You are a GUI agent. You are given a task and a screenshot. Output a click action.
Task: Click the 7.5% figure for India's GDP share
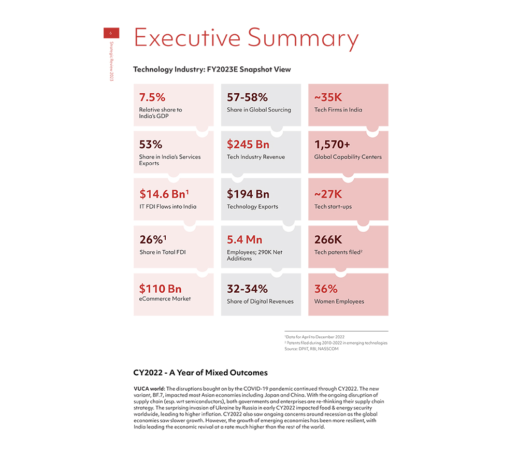click(152, 97)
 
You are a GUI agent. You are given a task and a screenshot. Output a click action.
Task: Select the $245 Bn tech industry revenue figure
click(248, 145)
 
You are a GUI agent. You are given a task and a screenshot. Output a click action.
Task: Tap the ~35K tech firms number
click(328, 97)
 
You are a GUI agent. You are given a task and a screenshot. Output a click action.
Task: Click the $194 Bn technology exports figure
click(248, 194)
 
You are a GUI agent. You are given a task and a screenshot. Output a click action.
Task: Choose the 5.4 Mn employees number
click(244, 240)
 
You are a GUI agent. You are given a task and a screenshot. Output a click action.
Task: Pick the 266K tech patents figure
click(329, 240)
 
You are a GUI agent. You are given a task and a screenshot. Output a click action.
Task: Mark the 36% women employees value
click(326, 289)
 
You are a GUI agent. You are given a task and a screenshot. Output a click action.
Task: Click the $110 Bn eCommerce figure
click(160, 289)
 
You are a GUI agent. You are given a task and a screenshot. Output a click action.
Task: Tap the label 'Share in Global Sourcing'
click(258, 110)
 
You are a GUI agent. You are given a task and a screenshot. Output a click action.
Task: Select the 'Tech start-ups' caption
click(333, 207)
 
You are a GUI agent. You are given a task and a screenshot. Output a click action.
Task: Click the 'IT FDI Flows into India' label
click(168, 207)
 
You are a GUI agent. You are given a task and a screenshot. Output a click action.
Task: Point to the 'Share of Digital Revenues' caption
click(260, 302)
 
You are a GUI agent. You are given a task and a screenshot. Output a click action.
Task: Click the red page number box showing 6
click(111, 33)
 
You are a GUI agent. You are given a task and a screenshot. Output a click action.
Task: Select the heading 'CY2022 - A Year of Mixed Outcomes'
click(200, 373)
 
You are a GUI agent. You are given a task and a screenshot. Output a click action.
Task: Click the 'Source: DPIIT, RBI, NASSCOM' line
click(311, 349)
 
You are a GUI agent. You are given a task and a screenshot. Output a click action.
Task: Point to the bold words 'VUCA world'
click(149, 388)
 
